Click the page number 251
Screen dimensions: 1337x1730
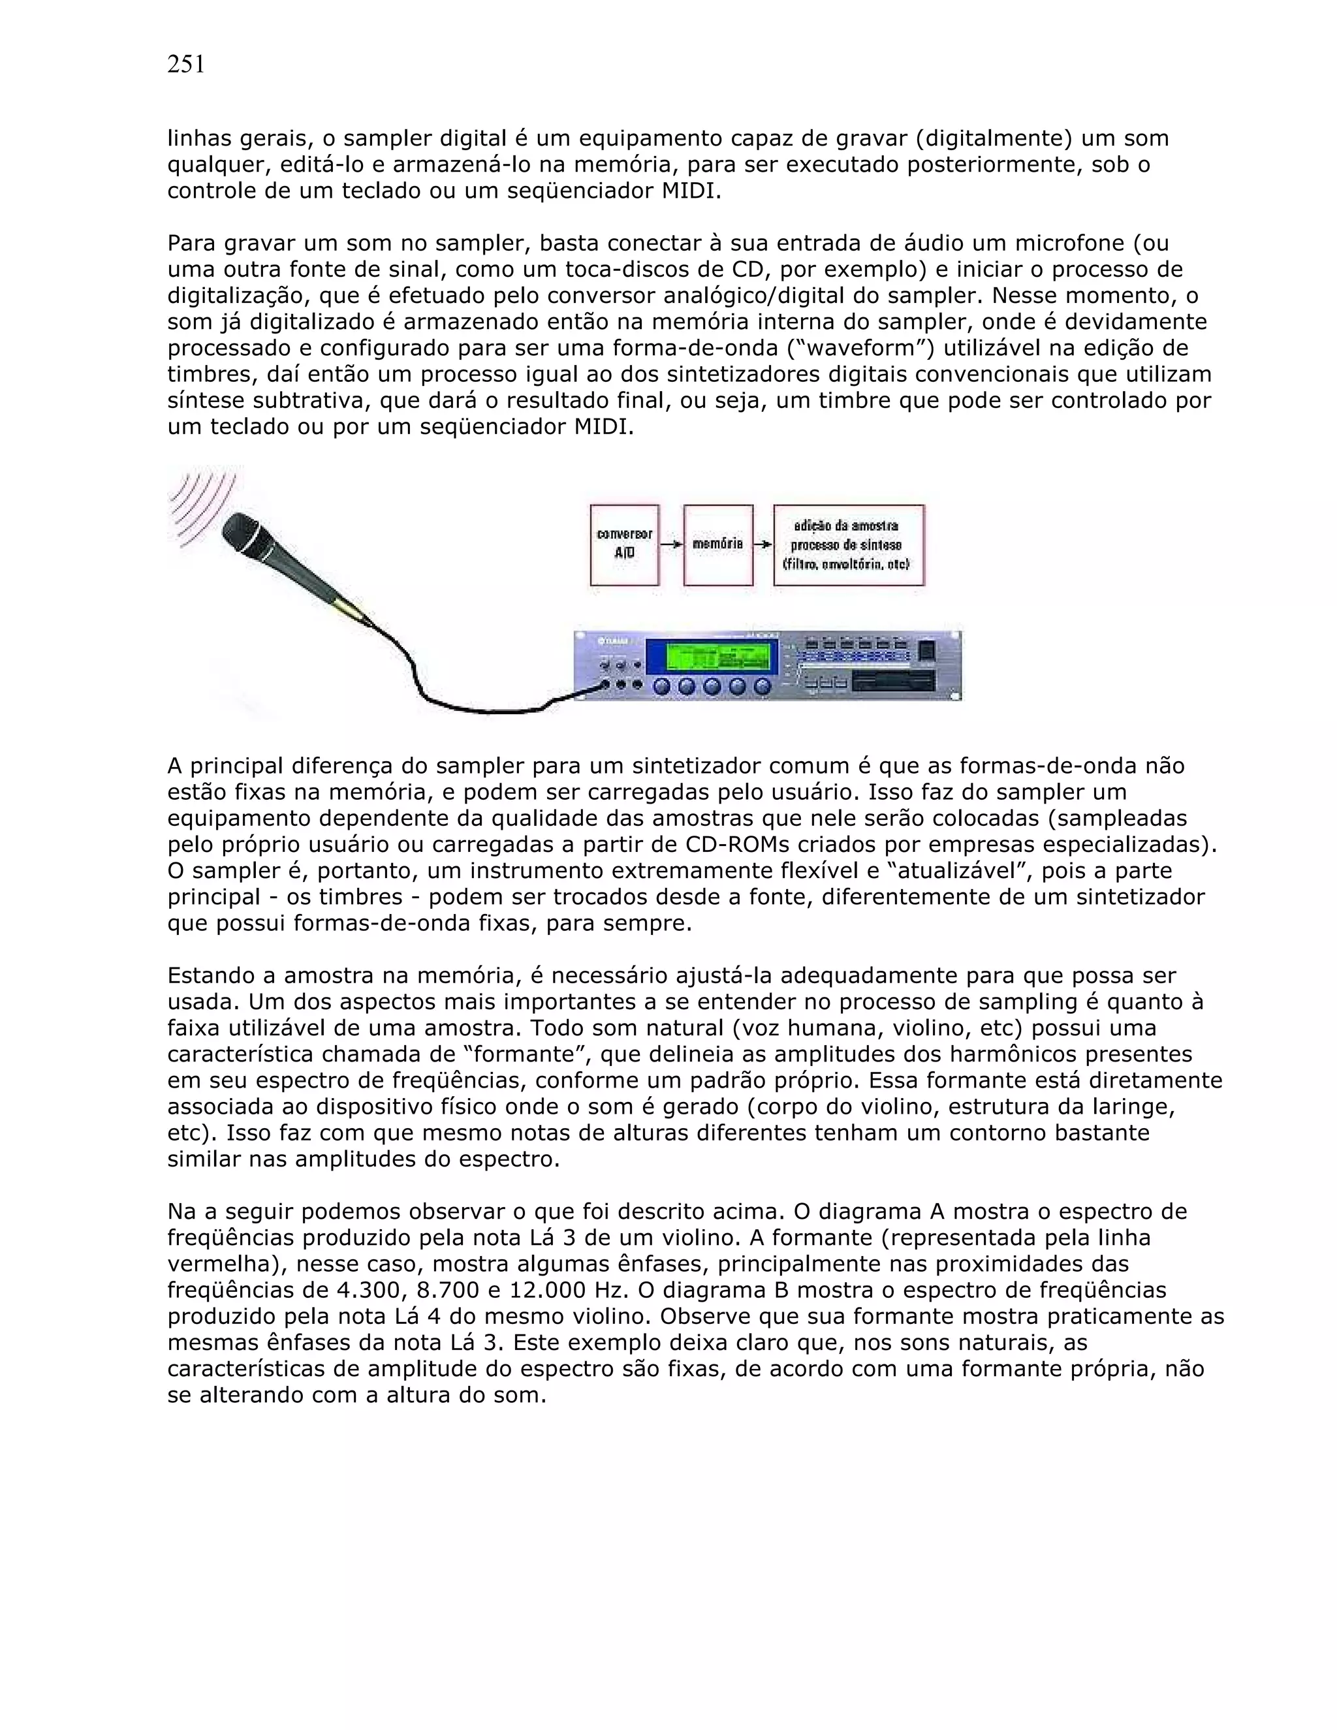tap(186, 65)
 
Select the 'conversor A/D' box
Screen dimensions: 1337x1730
tap(624, 545)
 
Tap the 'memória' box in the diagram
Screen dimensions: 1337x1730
tap(717, 545)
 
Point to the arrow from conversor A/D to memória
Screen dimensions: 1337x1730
tap(671, 545)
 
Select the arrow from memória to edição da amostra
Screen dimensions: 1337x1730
tap(763, 545)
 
